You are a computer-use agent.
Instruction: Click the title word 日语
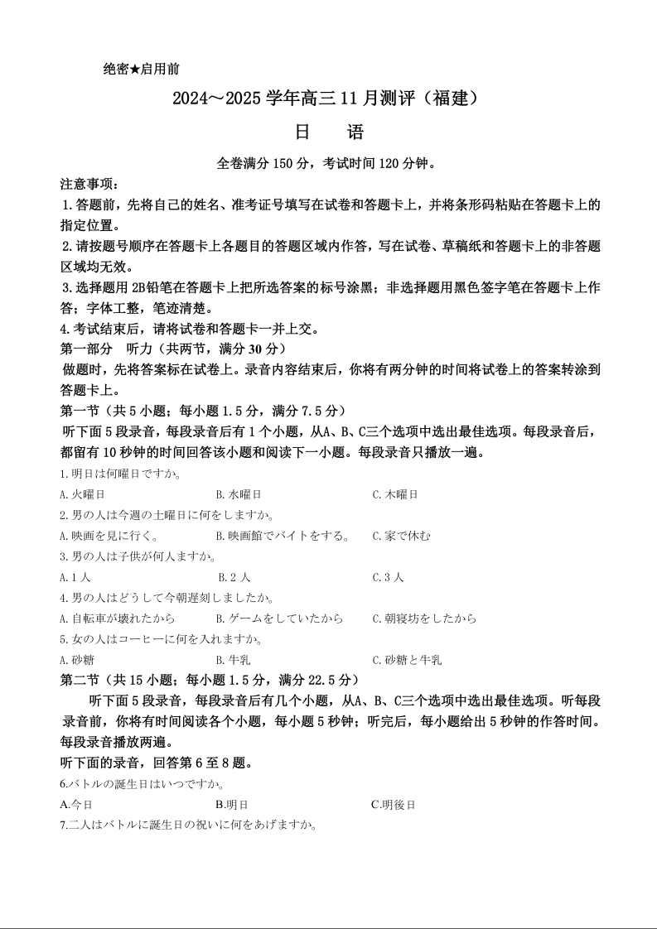point(329,132)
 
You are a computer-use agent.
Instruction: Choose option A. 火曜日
point(83,494)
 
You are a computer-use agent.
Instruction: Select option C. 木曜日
point(395,494)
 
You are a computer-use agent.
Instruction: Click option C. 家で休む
point(401,536)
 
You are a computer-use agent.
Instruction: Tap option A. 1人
point(75,577)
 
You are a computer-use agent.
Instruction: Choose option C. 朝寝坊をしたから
point(424,619)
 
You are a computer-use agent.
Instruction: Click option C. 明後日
point(393,804)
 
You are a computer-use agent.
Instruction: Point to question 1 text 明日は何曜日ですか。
point(121,474)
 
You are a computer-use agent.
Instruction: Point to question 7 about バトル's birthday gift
point(190,825)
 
